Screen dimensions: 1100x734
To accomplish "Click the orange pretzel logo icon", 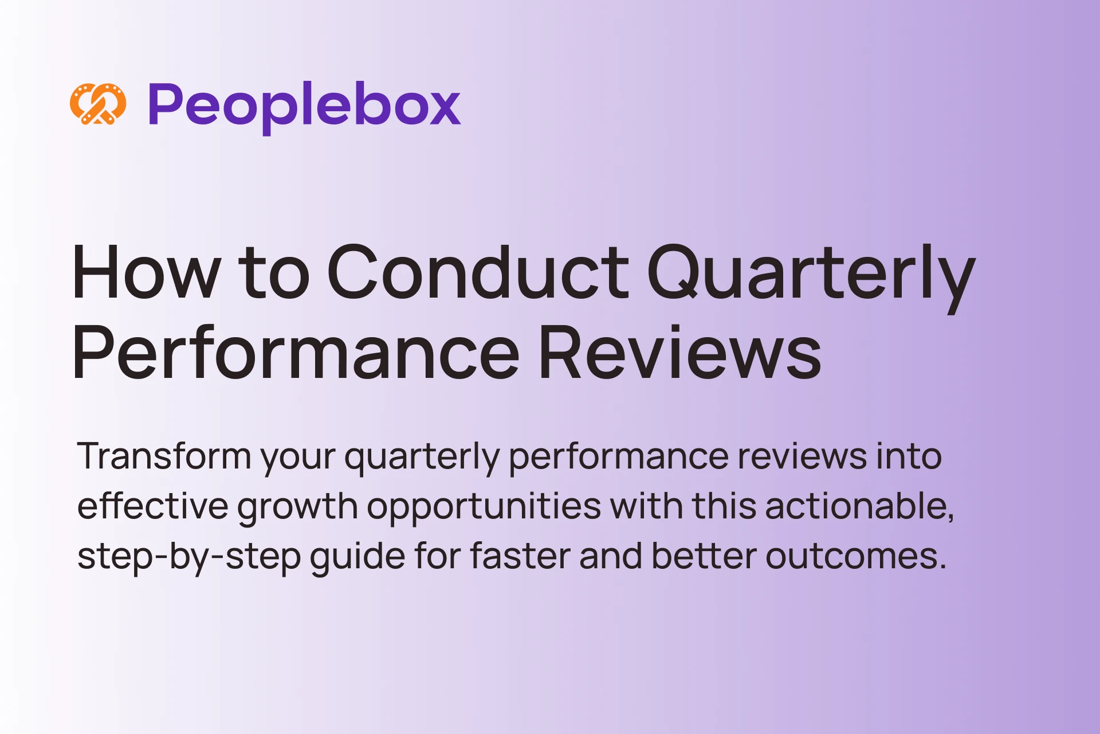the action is (x=98, y=104).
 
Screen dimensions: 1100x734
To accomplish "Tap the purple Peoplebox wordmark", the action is (x=304, y=107).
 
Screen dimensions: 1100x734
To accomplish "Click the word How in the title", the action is (x=147, y=272).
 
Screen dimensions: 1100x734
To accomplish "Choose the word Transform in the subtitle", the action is (x=164, y=456).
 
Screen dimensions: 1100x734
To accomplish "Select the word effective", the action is (x=153, y=505).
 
